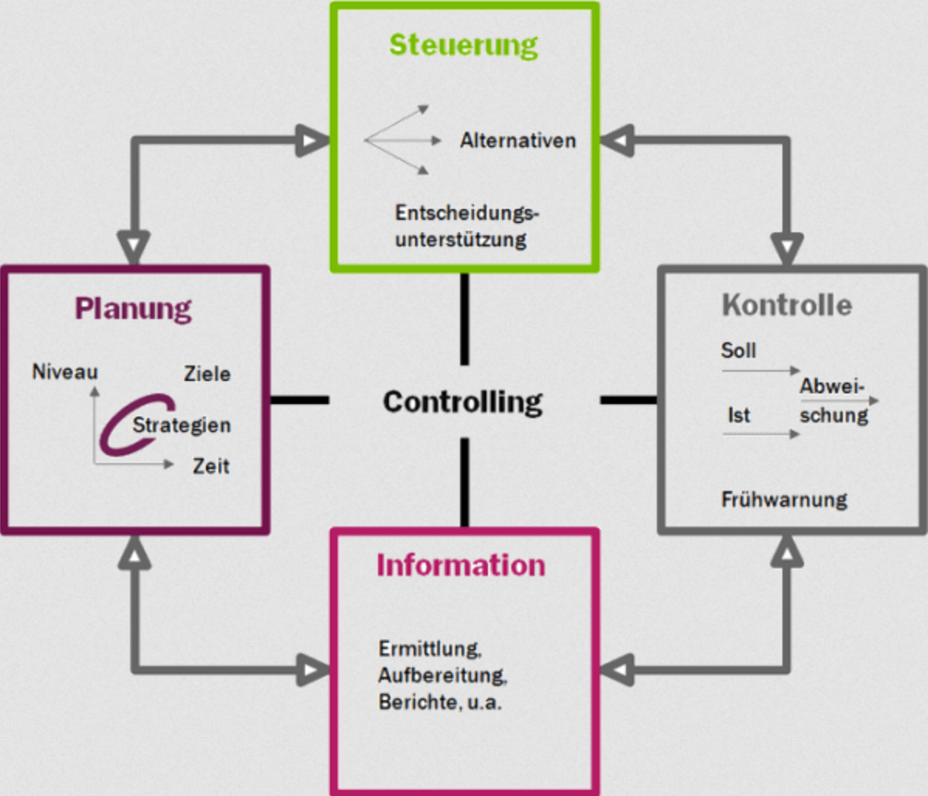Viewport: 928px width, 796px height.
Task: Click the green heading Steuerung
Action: (x=463, y=44)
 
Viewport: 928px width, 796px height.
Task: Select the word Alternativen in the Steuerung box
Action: (x=517, y=141)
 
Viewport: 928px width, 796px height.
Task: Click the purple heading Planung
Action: (x=133, y=308)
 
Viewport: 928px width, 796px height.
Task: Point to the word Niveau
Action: (x=65, y=372)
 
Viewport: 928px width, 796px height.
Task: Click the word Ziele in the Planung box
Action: (x=207, y=374)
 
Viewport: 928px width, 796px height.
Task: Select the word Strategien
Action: (x=181, y=425)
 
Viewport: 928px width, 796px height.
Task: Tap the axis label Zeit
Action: (x=211, y=466)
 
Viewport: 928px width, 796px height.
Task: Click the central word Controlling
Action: (x=462, y=401)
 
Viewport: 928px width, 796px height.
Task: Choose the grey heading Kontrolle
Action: (x=786, y=304)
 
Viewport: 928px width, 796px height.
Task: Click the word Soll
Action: (x=738, y=351)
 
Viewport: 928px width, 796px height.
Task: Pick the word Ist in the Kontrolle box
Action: (x=738, y=416)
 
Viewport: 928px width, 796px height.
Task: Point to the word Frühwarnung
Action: (x=784, y=499)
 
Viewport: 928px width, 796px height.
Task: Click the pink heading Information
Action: (x=461, y=565)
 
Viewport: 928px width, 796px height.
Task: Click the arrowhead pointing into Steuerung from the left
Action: (x=313, y=141)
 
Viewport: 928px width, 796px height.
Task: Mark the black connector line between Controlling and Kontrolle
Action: (x=627, y=400)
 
